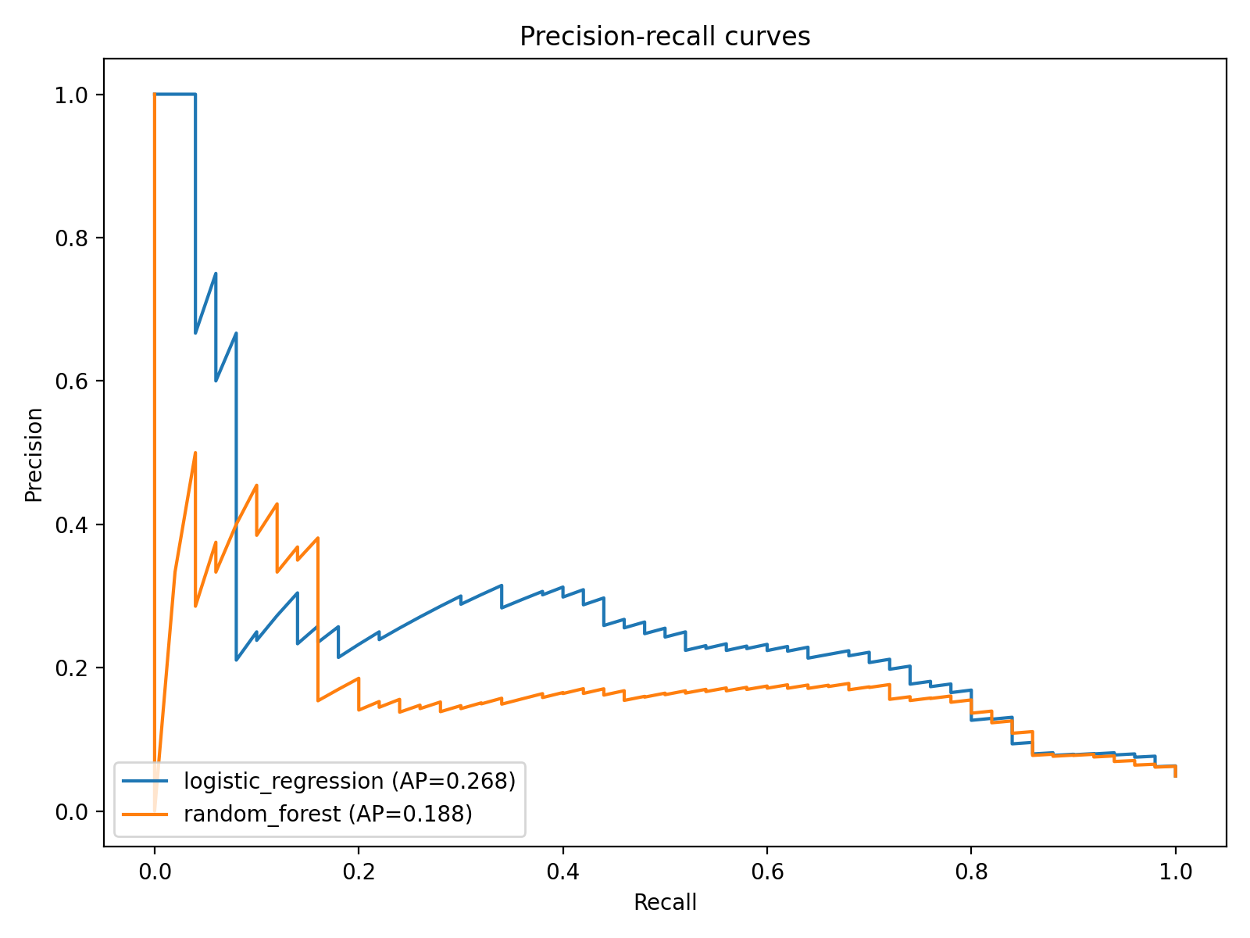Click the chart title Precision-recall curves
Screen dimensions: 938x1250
click(665, 37)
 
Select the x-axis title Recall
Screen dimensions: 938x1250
click(665, 903)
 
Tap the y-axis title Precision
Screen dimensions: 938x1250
click(34, 454)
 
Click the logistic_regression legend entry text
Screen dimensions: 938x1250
click(349, 781)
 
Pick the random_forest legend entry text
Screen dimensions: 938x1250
click(328, 814)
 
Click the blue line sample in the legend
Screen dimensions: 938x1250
click(146, 781)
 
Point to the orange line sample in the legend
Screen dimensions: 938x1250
click(146, 814)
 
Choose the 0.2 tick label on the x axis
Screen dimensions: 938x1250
click(359, 872)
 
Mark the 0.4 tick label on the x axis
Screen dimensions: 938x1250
click(563, 872)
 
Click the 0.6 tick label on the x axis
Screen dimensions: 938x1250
click(767, 872)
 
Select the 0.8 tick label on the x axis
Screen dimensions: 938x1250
click(971, 872)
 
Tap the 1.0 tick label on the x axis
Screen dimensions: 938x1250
click(1176, 872)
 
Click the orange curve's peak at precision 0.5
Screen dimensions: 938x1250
click(195, 453)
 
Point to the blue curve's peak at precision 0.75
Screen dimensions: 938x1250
click(216, 274)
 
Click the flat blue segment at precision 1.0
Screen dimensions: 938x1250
click(175, 95)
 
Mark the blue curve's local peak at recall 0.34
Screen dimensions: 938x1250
click(502, 585)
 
